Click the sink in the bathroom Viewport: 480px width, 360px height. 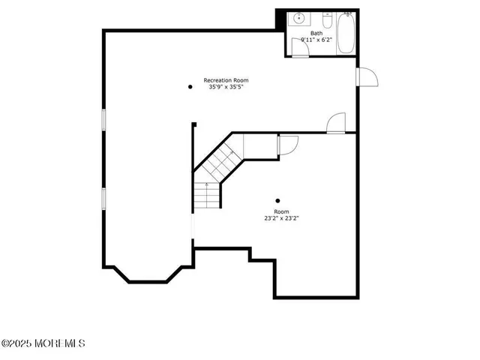pyautogui.click(x=298, y=18)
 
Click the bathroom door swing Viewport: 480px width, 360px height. pyautogui.click(x=300, y=48)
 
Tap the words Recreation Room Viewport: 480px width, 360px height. pyautogui.click(x=226, y=80)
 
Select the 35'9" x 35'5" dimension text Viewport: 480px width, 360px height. pyautogui.click(x=226, y=87)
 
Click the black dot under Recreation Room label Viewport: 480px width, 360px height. pyautogui.click(x=190, y=87)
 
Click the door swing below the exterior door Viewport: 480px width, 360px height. pyautogui.click(x=337, y=123)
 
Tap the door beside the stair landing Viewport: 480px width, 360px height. pyautogui.click(x=288, y=144)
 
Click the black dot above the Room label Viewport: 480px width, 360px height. pyautogui.click(x=278, y=200)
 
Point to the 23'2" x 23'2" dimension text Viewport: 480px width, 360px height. pyautogui.click(x=281, y=219)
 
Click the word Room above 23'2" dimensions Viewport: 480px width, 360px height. pyautogui.click(x=281, y=212)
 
